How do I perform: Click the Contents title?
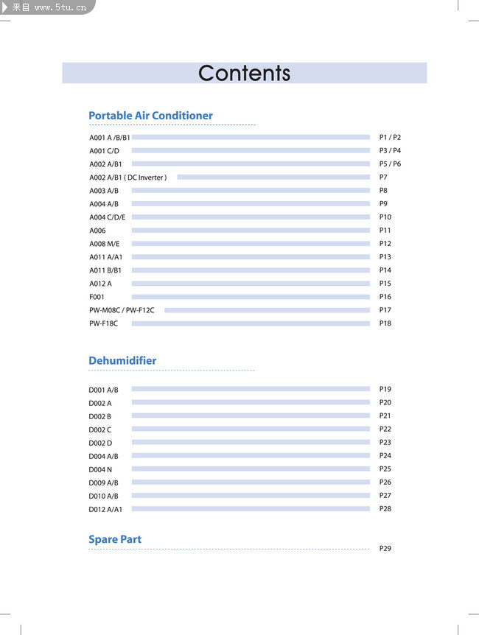[x=244, y=74]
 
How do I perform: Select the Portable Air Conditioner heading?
[x=150, y=116]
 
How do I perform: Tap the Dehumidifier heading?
[x=122, y=361]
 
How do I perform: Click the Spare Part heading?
[x=115, y=539]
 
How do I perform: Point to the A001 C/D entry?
[x=104, y=151]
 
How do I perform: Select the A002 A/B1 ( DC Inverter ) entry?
[x=128, y=178]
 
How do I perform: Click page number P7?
[x=383, y=178]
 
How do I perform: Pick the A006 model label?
[x=97, y=231]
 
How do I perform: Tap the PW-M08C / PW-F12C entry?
[x=122, y=310]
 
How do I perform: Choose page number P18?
[x=385, y=323]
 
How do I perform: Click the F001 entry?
[x=97, y=297]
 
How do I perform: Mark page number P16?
[x=385, y=297]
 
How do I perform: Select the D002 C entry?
[x=100, y=429]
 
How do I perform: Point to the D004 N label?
[x=100, y=469]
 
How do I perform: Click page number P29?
[x=385, y=549]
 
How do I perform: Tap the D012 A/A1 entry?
[x=105, y=509]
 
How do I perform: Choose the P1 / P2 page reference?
[x=390, y=138]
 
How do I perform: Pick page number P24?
[x=385, y=456]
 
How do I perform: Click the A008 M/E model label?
[x=104, y=244]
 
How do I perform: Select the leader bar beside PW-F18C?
[x=251, y=323]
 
